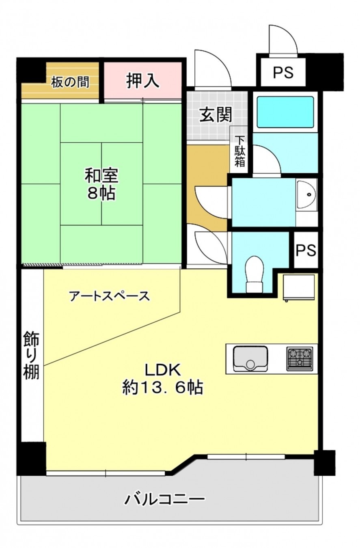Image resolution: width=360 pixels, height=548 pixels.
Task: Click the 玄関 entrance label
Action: click(216, 115)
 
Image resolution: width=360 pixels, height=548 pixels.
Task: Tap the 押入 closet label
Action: click(142, 80)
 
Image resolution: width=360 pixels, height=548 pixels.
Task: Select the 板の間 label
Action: click(70, 82)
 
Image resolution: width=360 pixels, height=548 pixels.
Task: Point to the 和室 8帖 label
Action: click(101, 185)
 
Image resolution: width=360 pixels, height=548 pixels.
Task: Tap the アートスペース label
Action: click(110, 296)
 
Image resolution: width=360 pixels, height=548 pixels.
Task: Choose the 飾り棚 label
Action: click(31, 355)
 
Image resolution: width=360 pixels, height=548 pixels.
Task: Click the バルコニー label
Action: click(164, 499)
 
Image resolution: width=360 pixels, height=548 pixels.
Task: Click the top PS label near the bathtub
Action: click(283, 73)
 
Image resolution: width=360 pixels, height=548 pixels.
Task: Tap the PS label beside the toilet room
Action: click(306, 250)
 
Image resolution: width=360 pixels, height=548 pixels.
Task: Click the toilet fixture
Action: click(255, 273)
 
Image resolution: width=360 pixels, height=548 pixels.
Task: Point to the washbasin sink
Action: click(306, 195)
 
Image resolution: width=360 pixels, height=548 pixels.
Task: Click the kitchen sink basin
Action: click(250, 358)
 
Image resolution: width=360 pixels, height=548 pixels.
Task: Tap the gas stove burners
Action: click(300, 358)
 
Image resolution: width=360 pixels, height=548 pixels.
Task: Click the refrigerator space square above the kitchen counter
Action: click(299, 287)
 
